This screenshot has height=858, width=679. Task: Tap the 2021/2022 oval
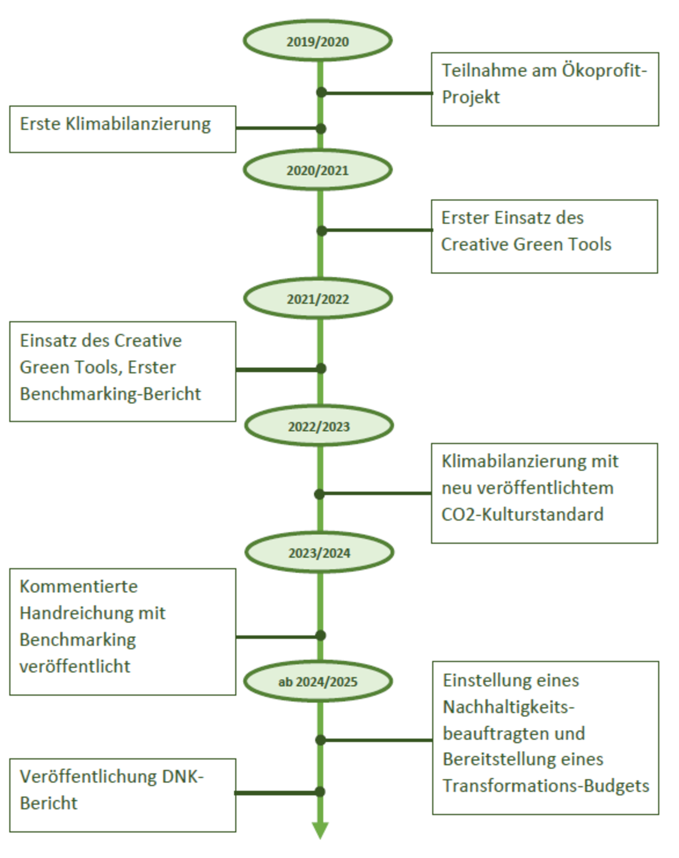[318, 298]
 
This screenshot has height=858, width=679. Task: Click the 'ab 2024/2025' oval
[318, 681]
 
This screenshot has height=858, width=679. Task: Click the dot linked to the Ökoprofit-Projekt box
[321, 92]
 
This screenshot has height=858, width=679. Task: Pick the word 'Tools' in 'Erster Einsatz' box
[590, 244]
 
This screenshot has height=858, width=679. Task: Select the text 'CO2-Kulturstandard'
[522, 514]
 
